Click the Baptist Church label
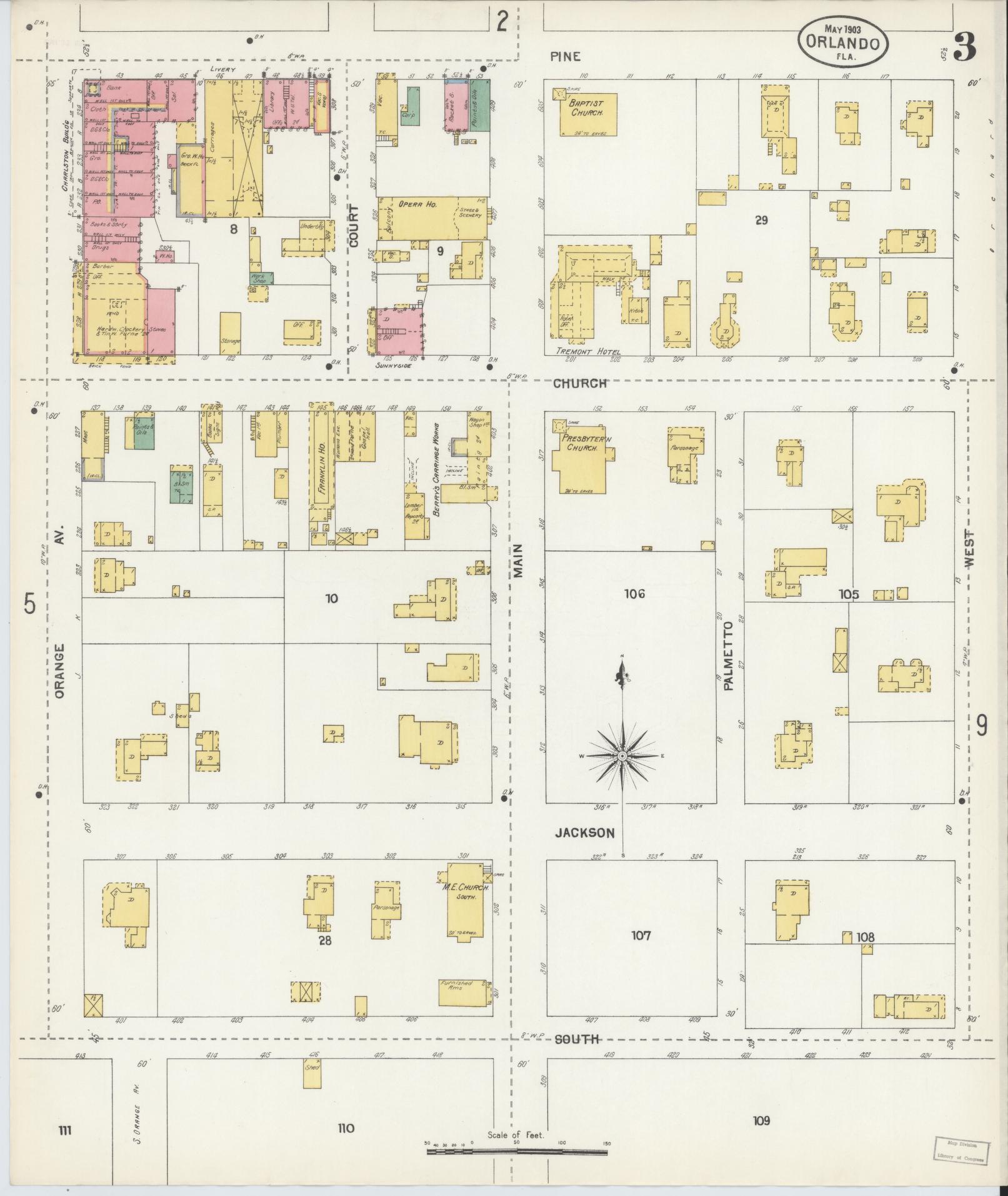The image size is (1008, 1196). tap(586, 108)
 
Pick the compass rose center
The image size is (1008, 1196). tap(622, 756)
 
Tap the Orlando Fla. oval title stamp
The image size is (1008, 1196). tap(843, 41)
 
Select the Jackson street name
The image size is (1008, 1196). tap(585, 833)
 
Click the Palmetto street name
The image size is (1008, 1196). tap(729, 656)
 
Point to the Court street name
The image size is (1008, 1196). tap(354, 226)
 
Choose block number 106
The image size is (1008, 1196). tap(634, 594)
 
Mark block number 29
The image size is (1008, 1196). tap(761, 220)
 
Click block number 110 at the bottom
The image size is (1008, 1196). tap(346, 1128)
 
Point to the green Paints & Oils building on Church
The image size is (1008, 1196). tap(144, 431)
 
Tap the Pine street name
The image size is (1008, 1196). tap(565, 57)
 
